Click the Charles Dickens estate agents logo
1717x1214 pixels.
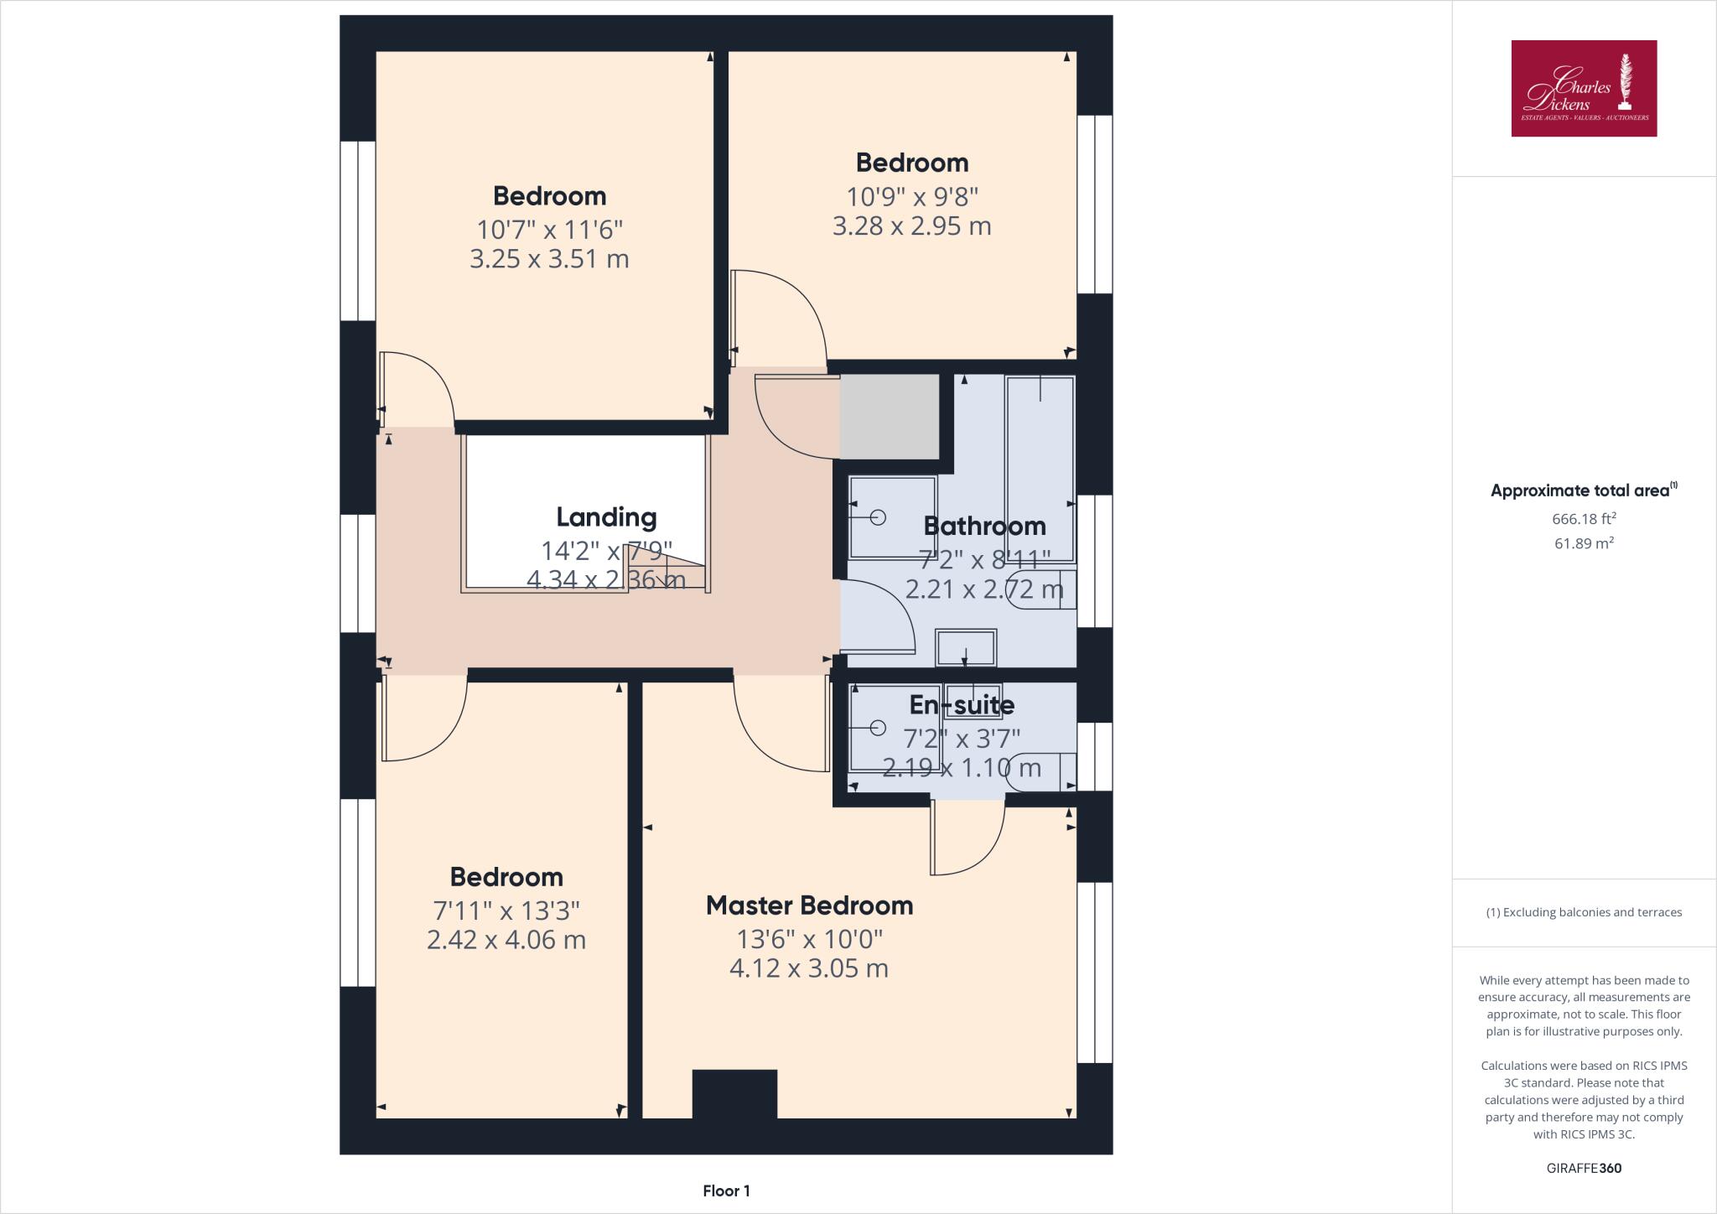click(1584, 88)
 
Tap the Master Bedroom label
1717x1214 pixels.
click(809, 905)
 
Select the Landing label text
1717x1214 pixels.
click(606, 517)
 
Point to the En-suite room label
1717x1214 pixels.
click(962, 705)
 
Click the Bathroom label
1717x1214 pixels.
click(984, 527)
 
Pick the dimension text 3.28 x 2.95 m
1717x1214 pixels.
click(911, 226)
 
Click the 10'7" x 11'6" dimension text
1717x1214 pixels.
click(549, 229)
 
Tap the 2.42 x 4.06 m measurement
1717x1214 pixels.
click(506, 940)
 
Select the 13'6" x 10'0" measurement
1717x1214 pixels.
click(809, 937)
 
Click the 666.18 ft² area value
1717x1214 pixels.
click(1584, 519)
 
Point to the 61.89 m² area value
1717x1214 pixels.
click(1584, 543)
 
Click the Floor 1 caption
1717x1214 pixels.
click(726, 1191)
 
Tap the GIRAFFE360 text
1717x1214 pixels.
click(1584, 1168)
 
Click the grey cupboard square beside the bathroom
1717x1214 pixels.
click(890, 417)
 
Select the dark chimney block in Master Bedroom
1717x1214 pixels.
click(734, 1093)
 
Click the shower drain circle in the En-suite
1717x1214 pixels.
click(878, 727)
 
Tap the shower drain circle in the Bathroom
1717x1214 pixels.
click(878, 517)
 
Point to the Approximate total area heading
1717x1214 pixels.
click(1584, 491)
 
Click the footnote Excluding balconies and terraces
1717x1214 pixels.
click(1584, 912)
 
